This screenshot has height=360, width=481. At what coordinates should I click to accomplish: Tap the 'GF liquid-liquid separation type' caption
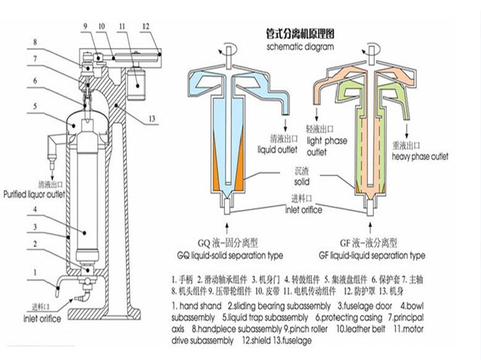tap(372, 255)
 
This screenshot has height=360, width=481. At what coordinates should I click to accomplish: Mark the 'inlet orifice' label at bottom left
tap(42, 318)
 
